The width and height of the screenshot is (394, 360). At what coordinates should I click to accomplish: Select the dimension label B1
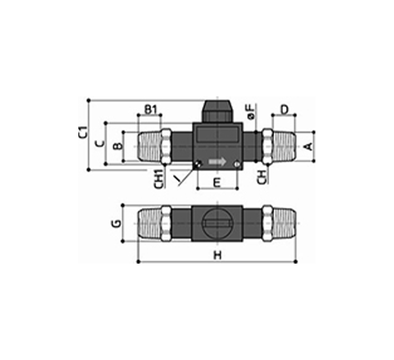[x=151, y=110]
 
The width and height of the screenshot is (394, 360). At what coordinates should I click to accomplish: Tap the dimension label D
[x=284, y=110]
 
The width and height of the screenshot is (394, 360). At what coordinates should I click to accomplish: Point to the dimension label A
[x=309, y=146]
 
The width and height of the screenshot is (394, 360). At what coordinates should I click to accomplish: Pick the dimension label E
[x=217, y=182]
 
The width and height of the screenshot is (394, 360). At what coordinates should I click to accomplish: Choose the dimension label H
[x=218, y=256]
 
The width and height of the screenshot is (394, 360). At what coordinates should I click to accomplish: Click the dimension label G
[x=116, y=223]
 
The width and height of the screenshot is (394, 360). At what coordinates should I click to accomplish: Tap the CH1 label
[x=159, y=179]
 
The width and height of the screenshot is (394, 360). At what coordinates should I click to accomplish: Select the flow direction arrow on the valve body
[x=218, y=161]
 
